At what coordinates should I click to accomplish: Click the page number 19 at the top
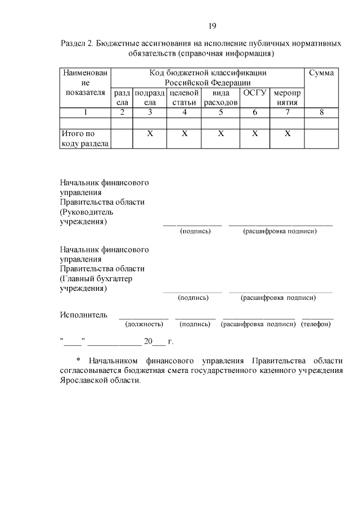(212, 26)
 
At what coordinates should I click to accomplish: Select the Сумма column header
(322, 73)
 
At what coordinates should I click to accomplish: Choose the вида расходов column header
(221, 97)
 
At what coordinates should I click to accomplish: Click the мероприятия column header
(287, 97)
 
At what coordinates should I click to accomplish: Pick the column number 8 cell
(322, 112)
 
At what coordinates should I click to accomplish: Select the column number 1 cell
(85, 112)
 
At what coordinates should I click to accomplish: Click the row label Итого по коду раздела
(85, 138)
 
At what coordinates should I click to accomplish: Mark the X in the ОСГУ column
(255, 134)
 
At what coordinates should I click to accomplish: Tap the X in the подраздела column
(150, 134)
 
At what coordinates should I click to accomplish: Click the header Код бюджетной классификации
(208, 73)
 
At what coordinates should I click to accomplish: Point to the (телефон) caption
(317, 324)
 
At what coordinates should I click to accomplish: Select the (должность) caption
(144, 324)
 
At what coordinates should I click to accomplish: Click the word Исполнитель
(83, 314)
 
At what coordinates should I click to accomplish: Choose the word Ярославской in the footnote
(84, 380)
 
